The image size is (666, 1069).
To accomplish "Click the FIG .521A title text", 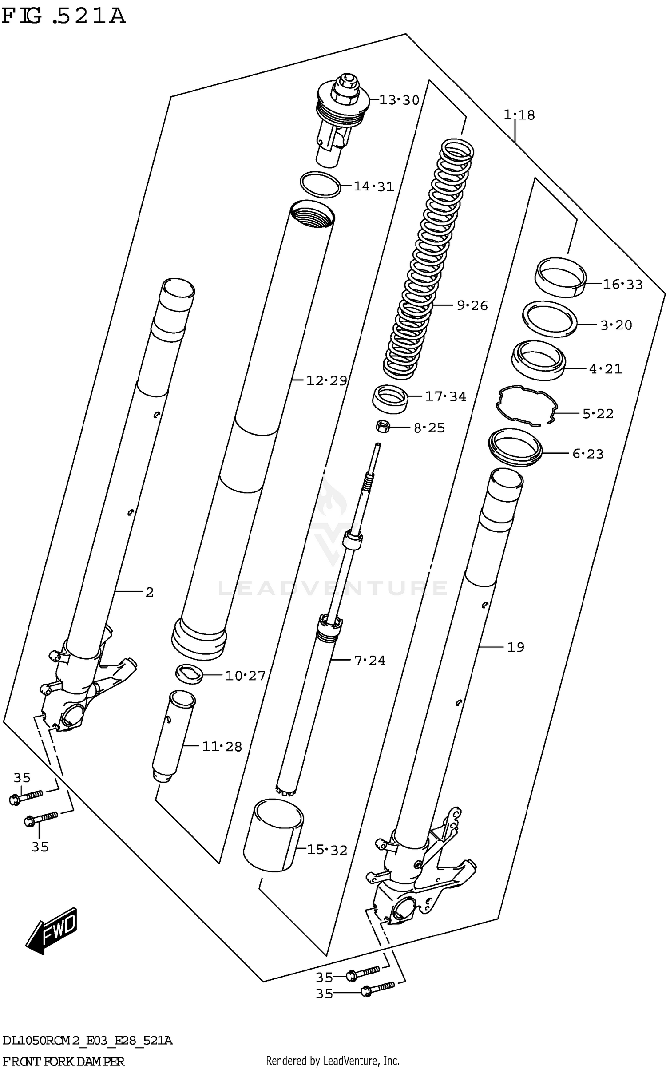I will (x=63, y=16).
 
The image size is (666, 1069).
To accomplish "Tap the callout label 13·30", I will (x=399, y=100).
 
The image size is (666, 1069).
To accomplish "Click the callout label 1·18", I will (x=519, y=115).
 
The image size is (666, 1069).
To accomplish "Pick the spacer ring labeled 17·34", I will (x=390, y=399).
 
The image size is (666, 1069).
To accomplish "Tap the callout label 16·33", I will (x=622, y=285).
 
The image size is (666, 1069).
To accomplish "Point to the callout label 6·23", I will (x=587, y=454).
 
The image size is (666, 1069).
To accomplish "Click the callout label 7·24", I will (x=370, y=661).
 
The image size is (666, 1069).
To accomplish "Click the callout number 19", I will (x=515, y=647).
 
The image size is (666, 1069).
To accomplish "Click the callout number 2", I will (x=149, y=592).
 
